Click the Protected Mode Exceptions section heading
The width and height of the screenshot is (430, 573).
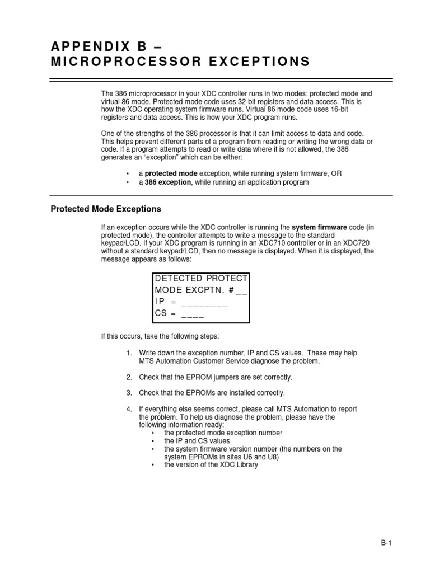click(106, 209)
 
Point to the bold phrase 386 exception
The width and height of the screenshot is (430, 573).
click(167, 182)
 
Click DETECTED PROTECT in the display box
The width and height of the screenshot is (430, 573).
click(201, 279)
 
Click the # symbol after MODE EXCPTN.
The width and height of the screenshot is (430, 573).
click(231, 290)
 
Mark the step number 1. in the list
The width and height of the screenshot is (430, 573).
click(129, 353)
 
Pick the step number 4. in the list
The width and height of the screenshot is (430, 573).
click(129, 409)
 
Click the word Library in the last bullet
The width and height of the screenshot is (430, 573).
click(246, 464)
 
